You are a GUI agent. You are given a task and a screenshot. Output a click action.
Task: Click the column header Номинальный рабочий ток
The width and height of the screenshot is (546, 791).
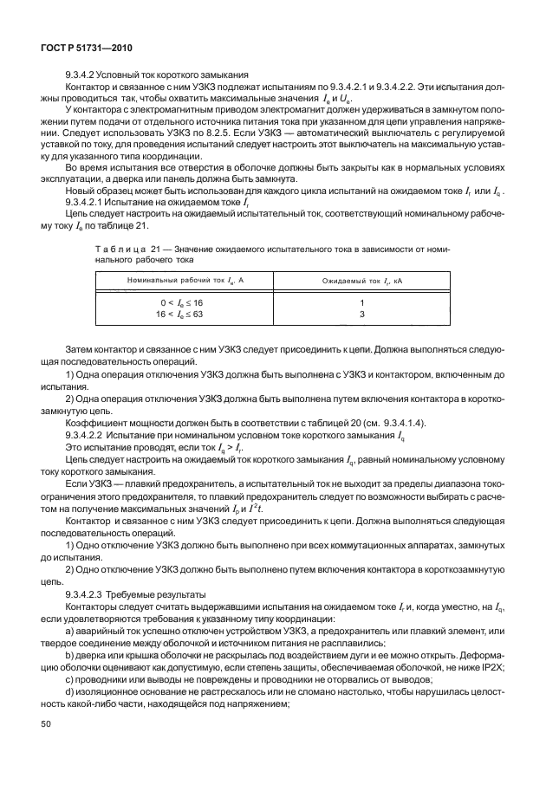(x=167, y=282)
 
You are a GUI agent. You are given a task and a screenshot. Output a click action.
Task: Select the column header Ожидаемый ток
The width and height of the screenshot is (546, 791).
(x=362, y=282)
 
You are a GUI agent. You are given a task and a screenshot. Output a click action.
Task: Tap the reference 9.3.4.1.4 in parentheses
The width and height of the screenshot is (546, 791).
(x=389, y=422)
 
